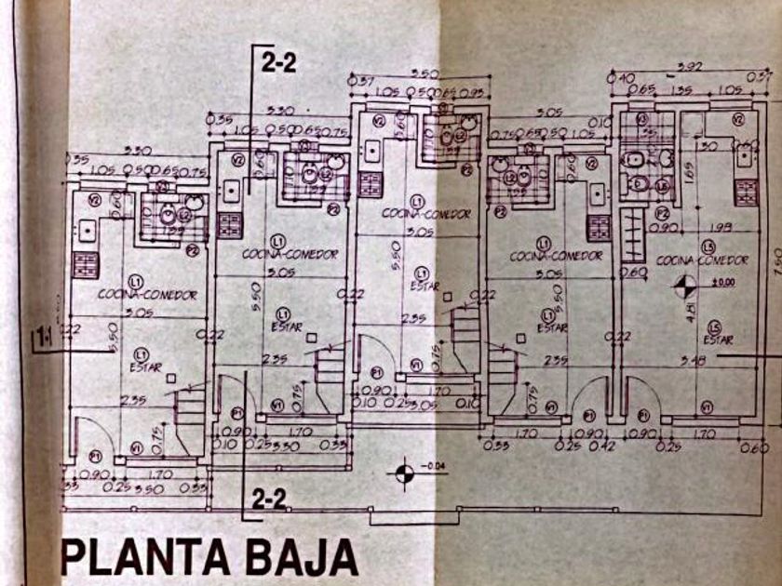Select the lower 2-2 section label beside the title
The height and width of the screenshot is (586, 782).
pyautogui.click(x=269, y=499)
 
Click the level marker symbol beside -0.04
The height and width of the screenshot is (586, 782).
pyautogui.click(x=404, y=473)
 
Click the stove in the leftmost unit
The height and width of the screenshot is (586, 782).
pyautogui.click(x=87, y=261)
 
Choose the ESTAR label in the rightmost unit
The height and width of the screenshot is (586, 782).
pyautogui.click(x=718, y=340)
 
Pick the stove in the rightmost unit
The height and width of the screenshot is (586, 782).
pyautogui.click(x=746, y=193)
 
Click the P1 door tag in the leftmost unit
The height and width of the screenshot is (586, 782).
pyautogui.click(x=97, y=456)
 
